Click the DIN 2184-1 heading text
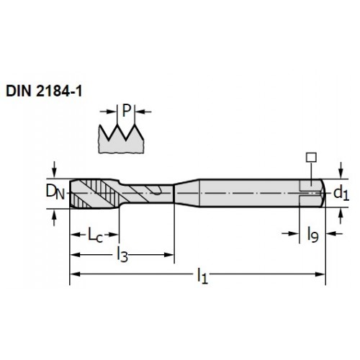pos(44,91)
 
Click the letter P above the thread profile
pos(127,111)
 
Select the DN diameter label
pos(55,192)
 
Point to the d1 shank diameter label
pos(341,193)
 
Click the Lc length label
pos(95,235)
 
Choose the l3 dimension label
pos(122,254)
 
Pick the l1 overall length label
pos(202,276)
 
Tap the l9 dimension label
pos(313,235)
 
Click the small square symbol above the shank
pos(311,158)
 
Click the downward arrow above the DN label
pos(55,169)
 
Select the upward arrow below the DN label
pos(55,217)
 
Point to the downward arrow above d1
pos(341,170)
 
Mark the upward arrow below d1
pos(341,217)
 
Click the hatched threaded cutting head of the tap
pos(94,194)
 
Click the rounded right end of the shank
pos(323,193)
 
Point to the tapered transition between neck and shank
pos(186,193)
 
